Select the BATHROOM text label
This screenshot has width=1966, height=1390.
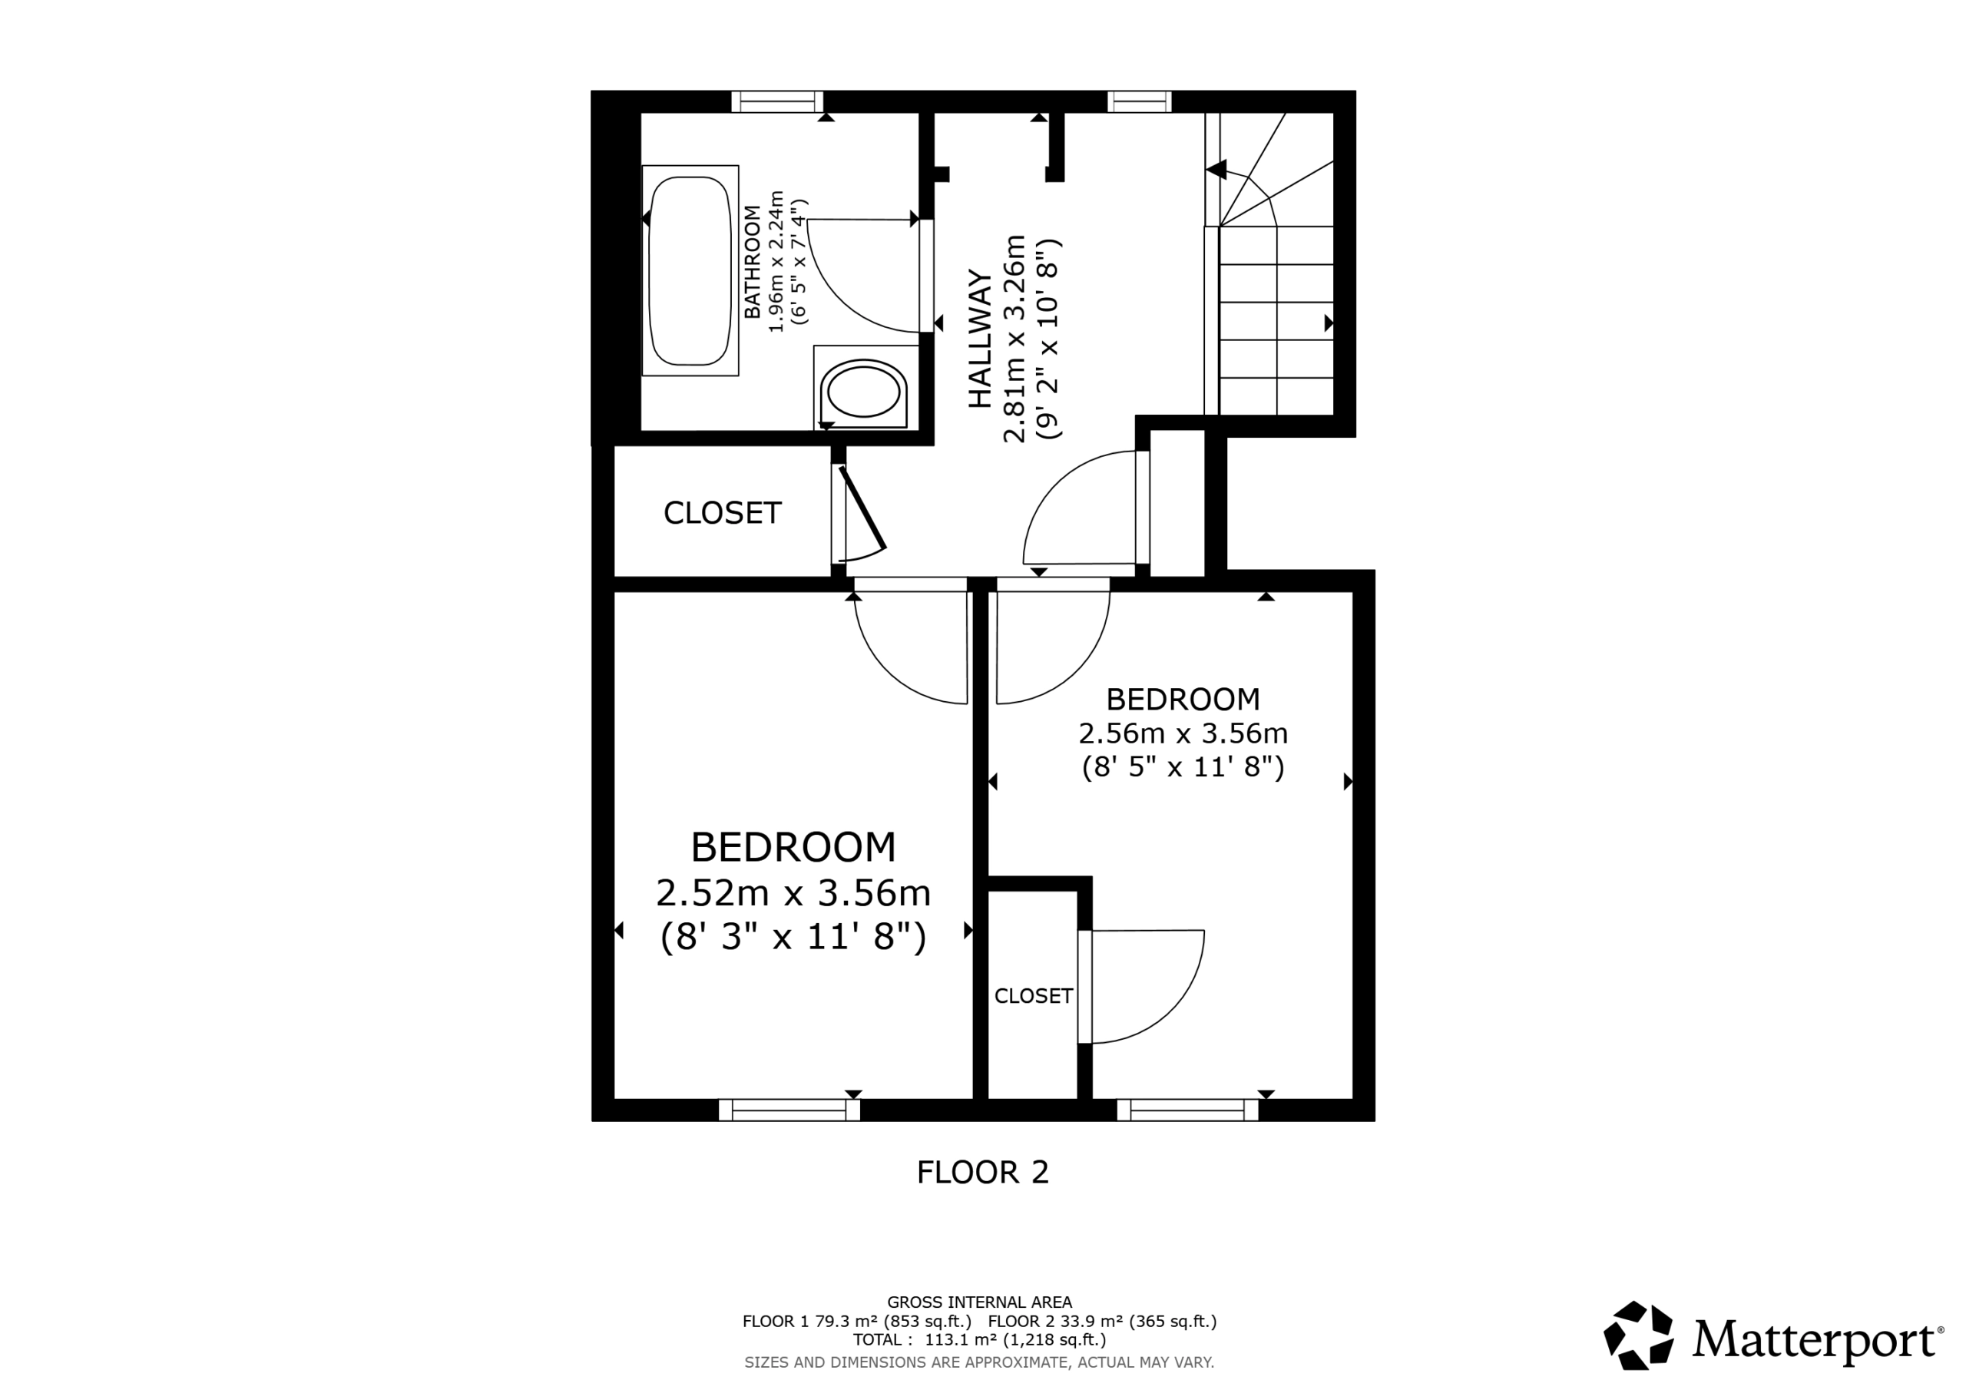[x=752, y=262]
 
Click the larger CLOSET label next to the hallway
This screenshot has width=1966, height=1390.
[x=722, y=513]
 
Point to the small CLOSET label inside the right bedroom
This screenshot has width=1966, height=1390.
[x=1033, y=996]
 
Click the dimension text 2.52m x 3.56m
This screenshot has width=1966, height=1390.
[x=793, y=893]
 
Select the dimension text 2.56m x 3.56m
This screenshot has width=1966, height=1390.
[x=1183, y=733]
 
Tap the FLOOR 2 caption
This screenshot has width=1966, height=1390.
[x=982, y=1173]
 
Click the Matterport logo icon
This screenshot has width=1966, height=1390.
[x=1637, y=1336]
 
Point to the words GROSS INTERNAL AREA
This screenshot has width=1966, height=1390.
[x=978, y=1302]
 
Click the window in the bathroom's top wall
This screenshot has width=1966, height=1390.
[x=776, y=102]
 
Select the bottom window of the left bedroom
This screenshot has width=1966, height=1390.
[x=789, y=1110]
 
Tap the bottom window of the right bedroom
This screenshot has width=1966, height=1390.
[x=1187, y=1110]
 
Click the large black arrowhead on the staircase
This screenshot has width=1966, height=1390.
[x=1216, y=170]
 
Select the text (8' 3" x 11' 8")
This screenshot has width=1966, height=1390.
[x=793, y=937]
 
